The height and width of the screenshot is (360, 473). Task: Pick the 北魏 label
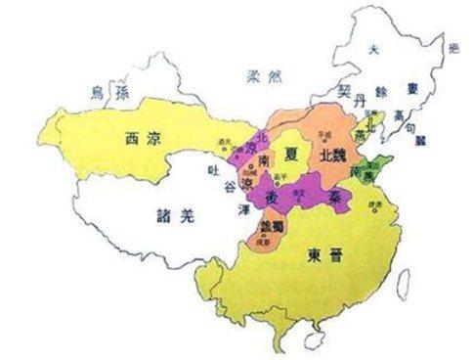click(326, 156)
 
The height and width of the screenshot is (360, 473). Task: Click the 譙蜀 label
click(273, 225)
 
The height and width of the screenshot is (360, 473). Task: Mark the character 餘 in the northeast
click(384, 91)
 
